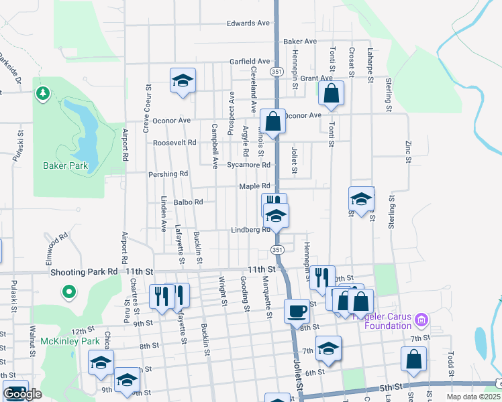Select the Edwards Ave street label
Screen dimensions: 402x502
tap(248, 23)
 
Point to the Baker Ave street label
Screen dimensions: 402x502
tap(300, 42)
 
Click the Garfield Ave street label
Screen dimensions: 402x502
tap(249, 60)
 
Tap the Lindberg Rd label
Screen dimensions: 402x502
tap(250, 229)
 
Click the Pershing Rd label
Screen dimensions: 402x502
tap(168, 174)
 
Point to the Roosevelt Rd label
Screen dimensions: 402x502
tap(174, 143)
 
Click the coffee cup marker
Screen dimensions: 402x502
tap(297, 311)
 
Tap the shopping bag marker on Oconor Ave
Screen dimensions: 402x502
tap(272, 121)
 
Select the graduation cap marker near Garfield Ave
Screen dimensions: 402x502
tap(183, 80)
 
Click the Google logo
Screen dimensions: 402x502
tap(23, 394)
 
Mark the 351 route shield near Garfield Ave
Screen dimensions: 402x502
tap(277, 70)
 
